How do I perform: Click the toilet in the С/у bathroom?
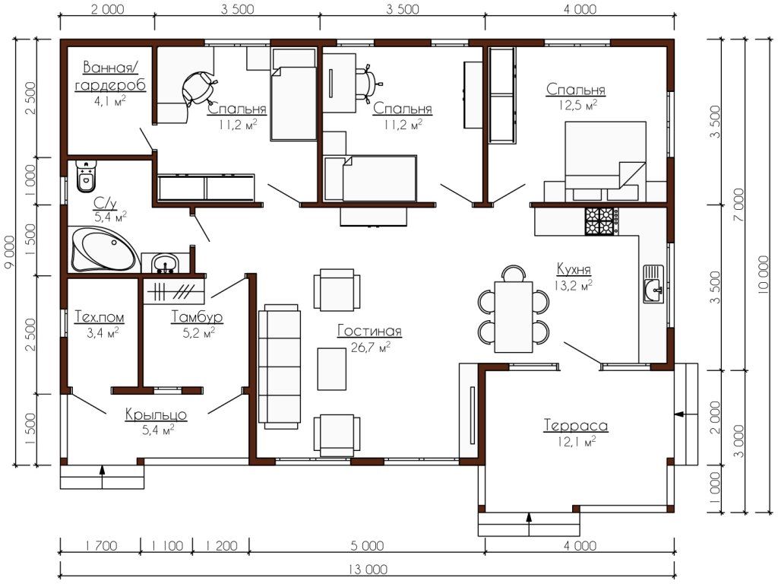(87, 176)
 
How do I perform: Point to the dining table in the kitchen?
(514, 317)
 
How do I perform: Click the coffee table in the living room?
(331, 369)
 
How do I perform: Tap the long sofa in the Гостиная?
(280, 367)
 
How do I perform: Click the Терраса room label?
(576, 426)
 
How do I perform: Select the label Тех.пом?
(100, 317)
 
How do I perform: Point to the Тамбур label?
(197, 317)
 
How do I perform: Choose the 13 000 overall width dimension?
(368, 569)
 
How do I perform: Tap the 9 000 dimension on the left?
(8, 252)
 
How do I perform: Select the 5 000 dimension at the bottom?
(368, 546)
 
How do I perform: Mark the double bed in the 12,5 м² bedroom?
(606, 161)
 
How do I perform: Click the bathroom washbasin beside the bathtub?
(164, 262)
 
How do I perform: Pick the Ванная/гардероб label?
(110, 76)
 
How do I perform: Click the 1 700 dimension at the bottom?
(100, 546)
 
